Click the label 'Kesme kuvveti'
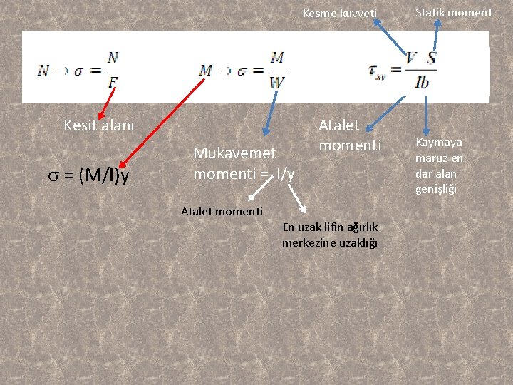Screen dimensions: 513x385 [339, 13]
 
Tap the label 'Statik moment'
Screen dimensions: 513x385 [453, 12]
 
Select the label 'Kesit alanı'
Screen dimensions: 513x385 [98, 125]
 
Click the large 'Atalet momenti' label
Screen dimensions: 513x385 [350, 135]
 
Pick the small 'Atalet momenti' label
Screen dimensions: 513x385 [222, 211]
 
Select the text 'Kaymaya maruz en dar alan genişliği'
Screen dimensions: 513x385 [439, 165]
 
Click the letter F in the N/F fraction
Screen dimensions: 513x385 [113, 82]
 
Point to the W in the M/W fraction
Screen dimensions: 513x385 [277, 81]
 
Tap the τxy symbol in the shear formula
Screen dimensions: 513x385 [377, 70]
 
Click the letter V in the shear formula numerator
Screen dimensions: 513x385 [412, 58]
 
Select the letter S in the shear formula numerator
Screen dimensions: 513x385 [431, 58]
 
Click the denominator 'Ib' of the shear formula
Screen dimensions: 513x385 [422, 82]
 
